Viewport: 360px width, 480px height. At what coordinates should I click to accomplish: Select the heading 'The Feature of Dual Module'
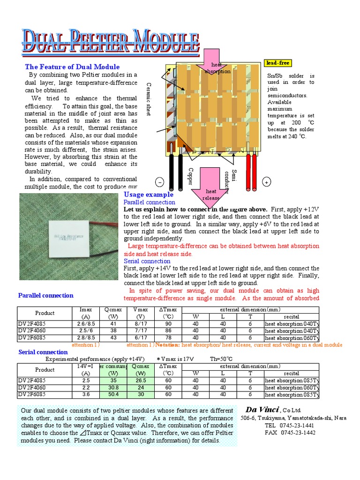(x=72, y=67)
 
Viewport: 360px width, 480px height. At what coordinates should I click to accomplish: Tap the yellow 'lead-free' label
(x=278, y=63)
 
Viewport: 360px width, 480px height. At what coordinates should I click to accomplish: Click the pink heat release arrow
(x=211, y=185)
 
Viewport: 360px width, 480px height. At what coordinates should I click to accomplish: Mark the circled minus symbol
(x=159, y=182)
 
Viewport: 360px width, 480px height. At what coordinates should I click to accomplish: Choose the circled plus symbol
(x=266, y=182)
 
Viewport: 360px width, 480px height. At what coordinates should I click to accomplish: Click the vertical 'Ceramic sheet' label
(x=149, y=99)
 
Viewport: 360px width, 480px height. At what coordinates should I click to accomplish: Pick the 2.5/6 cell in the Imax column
(x=86, y=330)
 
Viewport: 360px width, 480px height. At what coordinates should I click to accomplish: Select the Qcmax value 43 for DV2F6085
(x=113, y=337)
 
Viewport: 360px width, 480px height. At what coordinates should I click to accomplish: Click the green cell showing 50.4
(x=113, y=395)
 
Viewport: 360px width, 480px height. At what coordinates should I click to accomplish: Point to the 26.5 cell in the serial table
(x=141, y=381)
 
